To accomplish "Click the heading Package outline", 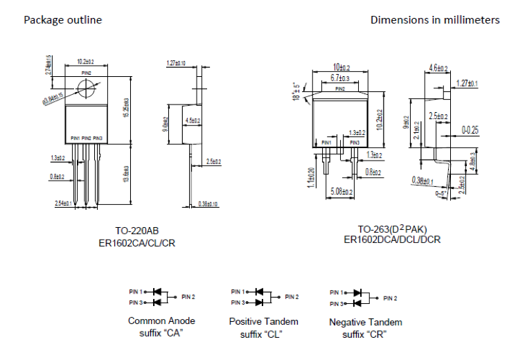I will tap(63, 20).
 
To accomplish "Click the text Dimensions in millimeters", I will tap(434, 20).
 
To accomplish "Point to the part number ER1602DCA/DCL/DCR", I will tap(392, 240).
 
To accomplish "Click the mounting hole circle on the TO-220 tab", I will tap(86, 89).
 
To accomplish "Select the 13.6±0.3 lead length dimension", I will tap(125, 174).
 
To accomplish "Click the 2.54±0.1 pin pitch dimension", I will tap(64, 203).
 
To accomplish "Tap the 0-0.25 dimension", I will tap(470, 129).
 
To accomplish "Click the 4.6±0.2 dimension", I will tap(438, 68).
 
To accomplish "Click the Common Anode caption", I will tap(161, 321).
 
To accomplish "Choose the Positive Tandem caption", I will tap(263, 321).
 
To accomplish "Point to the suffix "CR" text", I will tap(365, 334).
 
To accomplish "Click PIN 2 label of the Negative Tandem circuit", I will tap(390, 298).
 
